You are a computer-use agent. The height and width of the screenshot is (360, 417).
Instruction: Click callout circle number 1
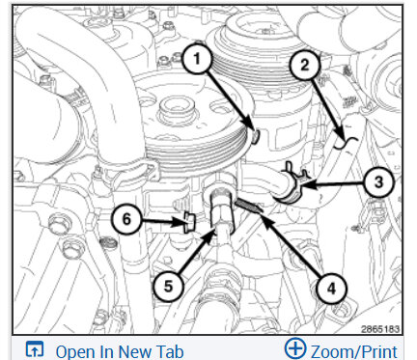click(197, 60)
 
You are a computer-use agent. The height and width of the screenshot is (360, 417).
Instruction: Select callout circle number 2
click(304, 66)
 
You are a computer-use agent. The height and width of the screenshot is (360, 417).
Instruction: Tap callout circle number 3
click(378, 182)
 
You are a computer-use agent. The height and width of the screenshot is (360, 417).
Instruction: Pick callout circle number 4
click(331, 289)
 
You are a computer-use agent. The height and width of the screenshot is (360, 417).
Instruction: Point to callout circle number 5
click(168, 286)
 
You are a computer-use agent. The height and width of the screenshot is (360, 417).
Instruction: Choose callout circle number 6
click(126, 220)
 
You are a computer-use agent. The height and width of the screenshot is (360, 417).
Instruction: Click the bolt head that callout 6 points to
click(189, 223)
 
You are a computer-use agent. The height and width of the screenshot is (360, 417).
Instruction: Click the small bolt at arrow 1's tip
click(255, 137)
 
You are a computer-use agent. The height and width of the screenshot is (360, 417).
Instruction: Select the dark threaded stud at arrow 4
click(249, 206)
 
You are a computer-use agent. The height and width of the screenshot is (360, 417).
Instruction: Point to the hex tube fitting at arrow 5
click(220, 209)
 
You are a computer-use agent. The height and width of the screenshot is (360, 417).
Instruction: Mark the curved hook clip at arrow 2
click(345, 143)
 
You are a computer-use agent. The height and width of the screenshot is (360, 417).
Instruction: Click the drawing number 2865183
click(380, 329)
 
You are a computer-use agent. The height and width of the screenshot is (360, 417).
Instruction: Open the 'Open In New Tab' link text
click(120, 351)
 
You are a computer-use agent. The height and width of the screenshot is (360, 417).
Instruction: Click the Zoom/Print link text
click(354, 351)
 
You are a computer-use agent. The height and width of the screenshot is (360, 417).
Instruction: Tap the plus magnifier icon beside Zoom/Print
click(295, 348)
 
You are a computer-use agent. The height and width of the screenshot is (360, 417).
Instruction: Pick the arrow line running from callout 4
click(289, 244)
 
